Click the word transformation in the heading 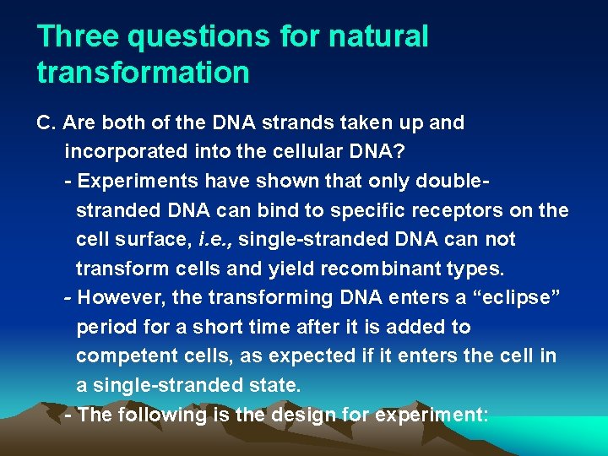144,73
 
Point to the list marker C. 46,123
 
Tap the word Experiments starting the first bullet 134,182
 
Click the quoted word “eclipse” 520,298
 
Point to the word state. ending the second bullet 275,385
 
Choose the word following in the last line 155,415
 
